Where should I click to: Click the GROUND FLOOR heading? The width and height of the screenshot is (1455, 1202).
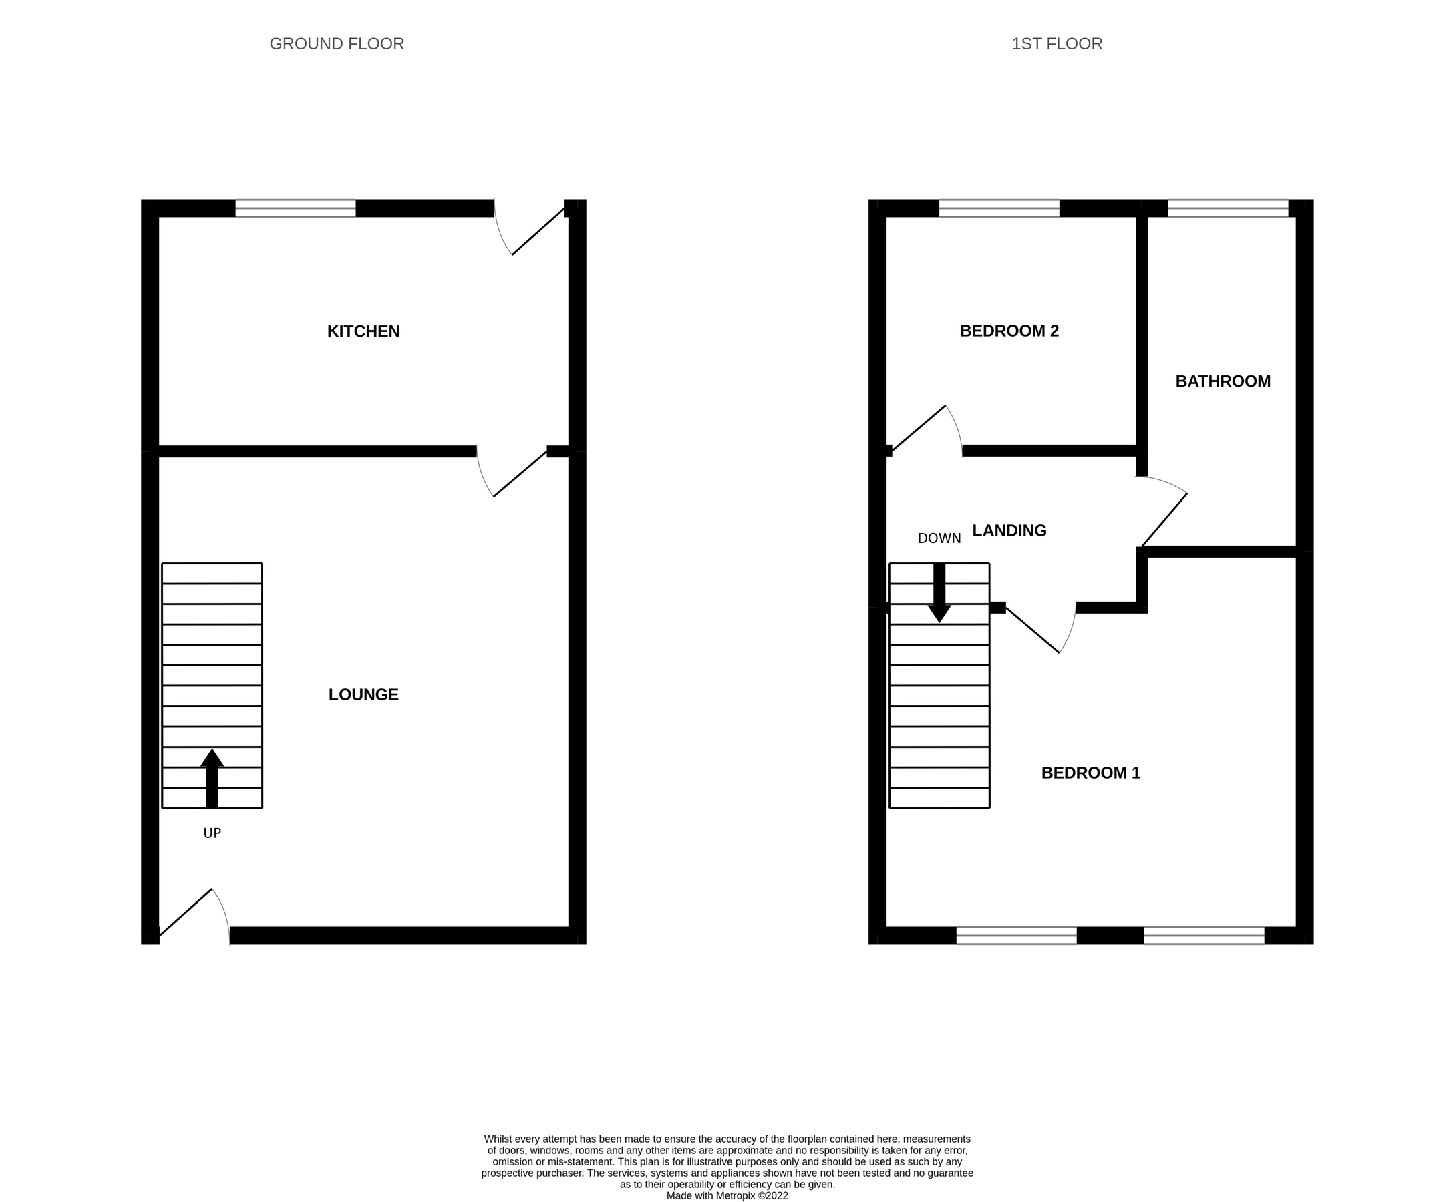(337, 43)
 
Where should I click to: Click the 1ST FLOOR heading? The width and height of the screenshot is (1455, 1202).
(1057, 43)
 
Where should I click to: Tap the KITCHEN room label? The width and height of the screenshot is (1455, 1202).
(363, 331)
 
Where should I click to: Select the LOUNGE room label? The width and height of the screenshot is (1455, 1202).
(363, 694)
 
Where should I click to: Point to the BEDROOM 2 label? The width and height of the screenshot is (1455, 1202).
(1009, 331)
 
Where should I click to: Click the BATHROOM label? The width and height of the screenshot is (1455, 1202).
(1223, 381)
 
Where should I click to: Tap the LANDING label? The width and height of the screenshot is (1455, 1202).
(1009, 530)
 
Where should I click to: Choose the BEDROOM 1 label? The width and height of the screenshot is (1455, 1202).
(1091, 773)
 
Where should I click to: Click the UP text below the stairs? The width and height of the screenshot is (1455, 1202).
(212, 833)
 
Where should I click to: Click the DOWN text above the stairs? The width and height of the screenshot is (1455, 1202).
(939, 538)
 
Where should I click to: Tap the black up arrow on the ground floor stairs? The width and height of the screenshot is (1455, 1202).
(212, 778)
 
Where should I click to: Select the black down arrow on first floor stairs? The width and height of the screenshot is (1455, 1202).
(939, 593)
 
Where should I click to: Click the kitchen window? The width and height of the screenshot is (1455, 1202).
(296, 208)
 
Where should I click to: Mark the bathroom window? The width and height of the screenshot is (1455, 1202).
(1228, 208)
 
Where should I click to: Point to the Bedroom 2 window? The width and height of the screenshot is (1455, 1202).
(999, 208)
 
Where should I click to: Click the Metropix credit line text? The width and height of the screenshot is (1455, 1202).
(727, 1196)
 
